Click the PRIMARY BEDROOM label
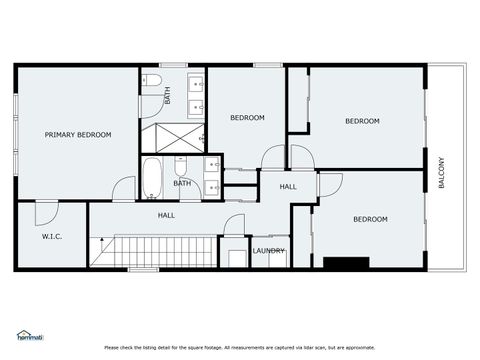(x=78, y=134)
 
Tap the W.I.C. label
(x=52, y=237)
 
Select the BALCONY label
(x=441, y=173)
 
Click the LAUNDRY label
(x=268, y=251)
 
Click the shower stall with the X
(x=172, y=134)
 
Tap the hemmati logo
(x=29, y=335)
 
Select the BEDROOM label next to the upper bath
(x=247, y=118)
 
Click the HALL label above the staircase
(x=167, y=215)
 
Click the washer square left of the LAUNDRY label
(x=237, y=258)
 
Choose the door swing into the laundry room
(x=234, y=226)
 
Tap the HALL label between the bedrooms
(x=288, y=187)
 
